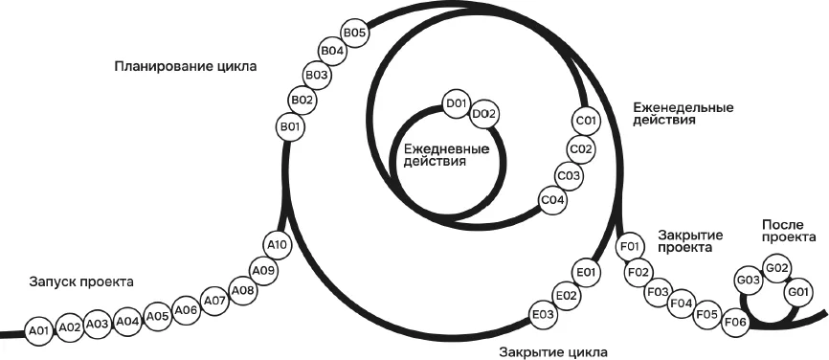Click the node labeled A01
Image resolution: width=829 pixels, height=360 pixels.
(39, 331)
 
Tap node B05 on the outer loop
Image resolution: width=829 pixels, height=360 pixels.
(355, 33)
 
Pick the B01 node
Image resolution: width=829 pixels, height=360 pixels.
(290, 127)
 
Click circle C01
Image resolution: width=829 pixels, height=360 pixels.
(586, 121)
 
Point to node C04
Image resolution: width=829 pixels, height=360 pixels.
(553, 200)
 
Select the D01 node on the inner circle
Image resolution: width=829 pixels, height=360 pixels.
(456, 103)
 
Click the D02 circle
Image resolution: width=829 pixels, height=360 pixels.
(484, 114)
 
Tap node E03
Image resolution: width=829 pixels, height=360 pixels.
(544, 315)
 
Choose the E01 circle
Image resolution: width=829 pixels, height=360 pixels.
(586, 272)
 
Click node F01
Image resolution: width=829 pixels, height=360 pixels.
(630, 246)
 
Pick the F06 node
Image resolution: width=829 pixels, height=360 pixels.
(735, 322)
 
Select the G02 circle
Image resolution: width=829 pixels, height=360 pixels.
(777, 267)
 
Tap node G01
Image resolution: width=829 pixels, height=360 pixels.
(798, 292)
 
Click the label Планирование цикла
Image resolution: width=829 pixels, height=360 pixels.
(185, 67)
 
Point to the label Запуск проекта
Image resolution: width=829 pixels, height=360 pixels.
(81, 281)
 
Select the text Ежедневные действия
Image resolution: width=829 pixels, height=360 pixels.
(445, 154)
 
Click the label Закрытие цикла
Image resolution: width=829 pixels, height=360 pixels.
(553, 351)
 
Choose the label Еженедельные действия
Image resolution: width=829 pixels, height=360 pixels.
(683, 114)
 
